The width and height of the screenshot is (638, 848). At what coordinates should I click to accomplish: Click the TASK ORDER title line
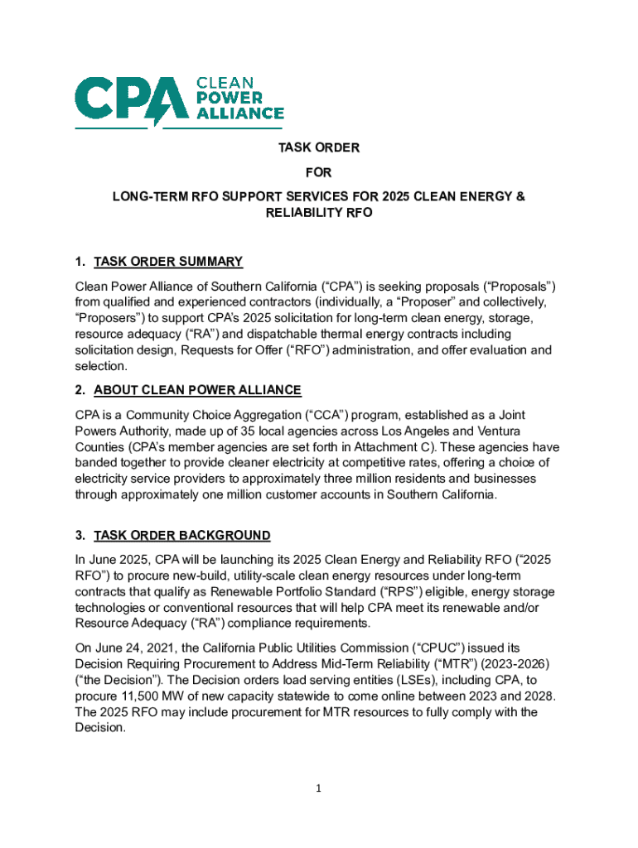pos(318,148)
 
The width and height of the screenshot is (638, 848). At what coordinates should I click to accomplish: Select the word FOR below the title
pos(318,173)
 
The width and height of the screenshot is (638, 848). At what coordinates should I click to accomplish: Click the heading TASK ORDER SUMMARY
pos(168,263)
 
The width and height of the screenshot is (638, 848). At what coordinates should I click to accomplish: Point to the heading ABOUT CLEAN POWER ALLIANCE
pos(197,390)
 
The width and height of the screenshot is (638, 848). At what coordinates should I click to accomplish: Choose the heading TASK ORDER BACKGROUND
pos(181,535)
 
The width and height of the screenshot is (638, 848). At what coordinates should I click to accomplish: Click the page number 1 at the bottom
pos(318,788)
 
